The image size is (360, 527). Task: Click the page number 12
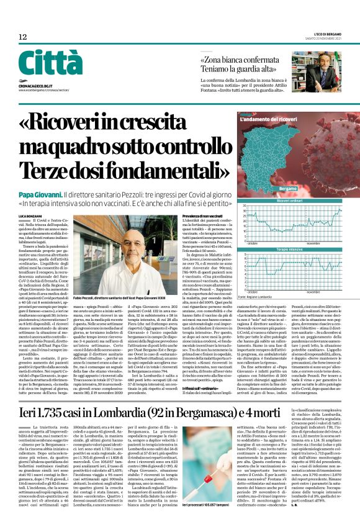[x=22, y=37]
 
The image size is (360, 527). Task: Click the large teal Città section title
[x=42, y=63]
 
